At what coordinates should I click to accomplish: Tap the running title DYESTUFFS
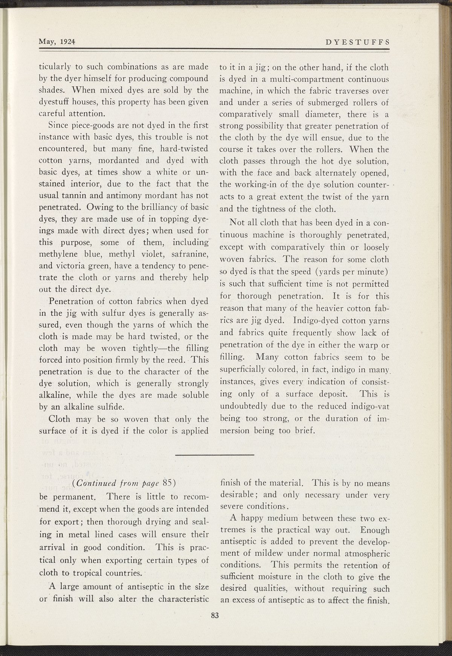(357, 42)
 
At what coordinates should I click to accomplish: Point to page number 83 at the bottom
(215, 616)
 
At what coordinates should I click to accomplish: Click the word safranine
(187, 253)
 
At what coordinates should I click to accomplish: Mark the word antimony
(121, 196)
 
